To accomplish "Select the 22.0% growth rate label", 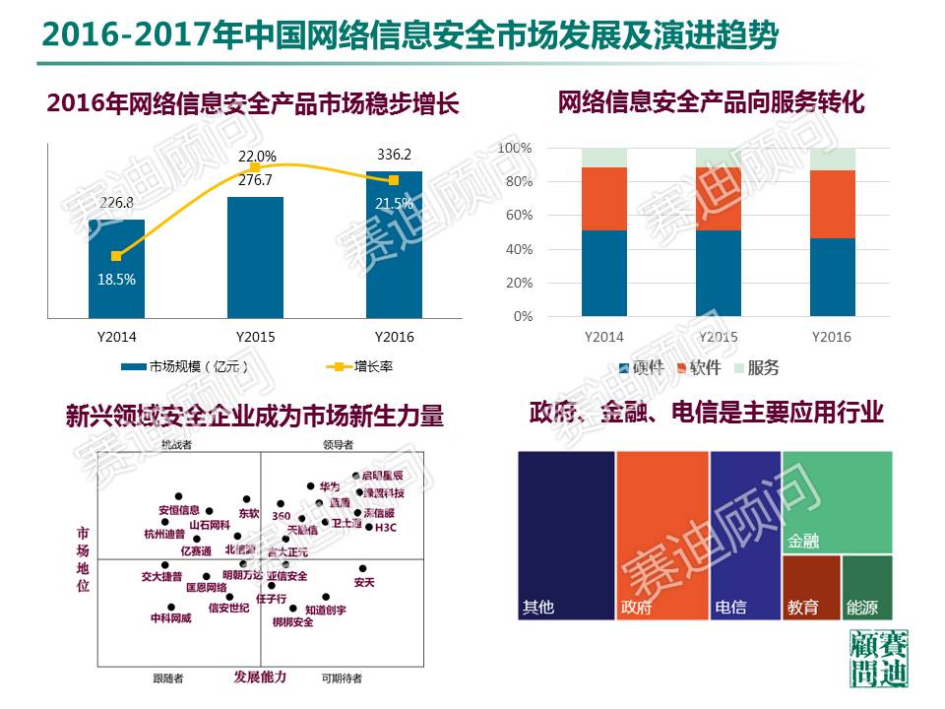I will tap(257, 156).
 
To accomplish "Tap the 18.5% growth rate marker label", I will tap(116, 279).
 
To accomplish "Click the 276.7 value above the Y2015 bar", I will tap(256, 182).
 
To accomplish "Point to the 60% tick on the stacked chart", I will tap(516, 216).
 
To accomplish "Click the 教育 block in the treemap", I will tap(811, 587).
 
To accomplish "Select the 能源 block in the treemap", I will tap(867, 587).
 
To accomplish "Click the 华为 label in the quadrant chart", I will tap(329, 486).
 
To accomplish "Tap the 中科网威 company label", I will tap(170, 618).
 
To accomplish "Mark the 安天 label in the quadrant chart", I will tap(364, 583).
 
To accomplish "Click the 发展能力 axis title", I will tap(260, 677).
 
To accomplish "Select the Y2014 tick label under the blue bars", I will tap(116, 337).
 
